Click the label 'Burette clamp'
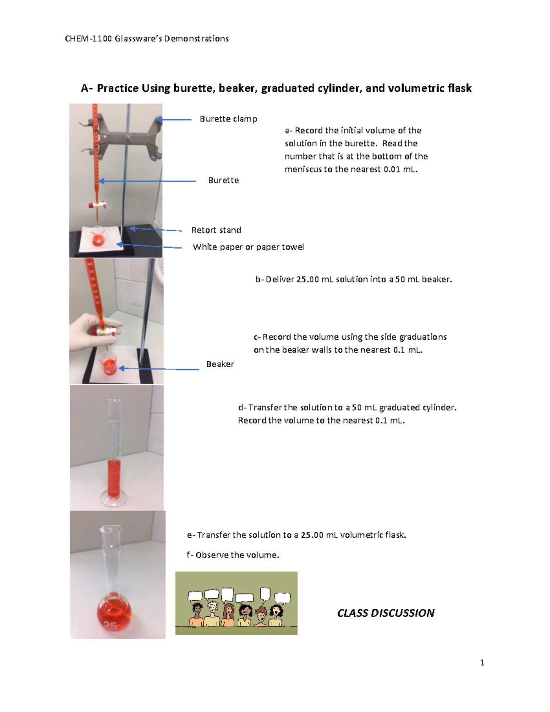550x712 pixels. (228, 119)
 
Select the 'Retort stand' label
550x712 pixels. (216, 230)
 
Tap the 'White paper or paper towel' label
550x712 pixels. (248, 247)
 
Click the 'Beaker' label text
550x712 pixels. (220, 364)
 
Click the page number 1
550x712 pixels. (482, 662)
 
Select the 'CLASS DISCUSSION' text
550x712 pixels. (385, 613)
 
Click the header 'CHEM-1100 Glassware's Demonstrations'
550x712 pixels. (147, 39)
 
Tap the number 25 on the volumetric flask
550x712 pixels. (110, 625)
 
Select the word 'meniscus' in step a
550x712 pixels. (303, 169)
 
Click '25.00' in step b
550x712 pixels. (308, 279)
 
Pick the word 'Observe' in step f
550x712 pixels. (212, 555)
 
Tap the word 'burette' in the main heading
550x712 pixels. (193, 88)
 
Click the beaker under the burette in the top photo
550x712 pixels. (98, 237)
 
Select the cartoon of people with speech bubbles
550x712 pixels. (236, 603)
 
